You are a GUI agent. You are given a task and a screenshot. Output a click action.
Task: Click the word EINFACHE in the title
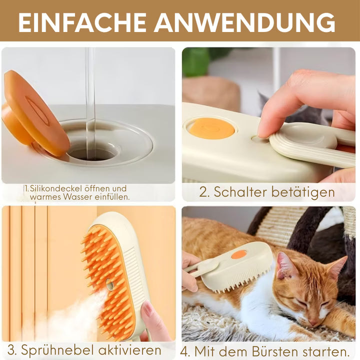(x=82, y=22)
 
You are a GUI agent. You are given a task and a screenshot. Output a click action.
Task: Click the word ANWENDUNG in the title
(x=244, y=22)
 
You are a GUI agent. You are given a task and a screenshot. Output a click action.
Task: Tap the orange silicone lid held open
(x=34, y=113)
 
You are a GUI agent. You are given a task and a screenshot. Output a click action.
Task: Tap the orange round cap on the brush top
(x=211, y=129)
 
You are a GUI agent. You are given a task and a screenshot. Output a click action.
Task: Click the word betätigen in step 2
(x=303, y=192)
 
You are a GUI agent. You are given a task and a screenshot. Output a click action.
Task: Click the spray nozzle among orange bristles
(x=109, y=284)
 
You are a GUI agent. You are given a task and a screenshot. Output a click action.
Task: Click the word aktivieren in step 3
(x=129, y=350)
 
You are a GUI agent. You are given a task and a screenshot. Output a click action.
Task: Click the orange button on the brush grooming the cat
(x=239, y=254)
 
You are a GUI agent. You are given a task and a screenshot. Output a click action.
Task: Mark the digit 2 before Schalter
(x=202, y=192)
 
